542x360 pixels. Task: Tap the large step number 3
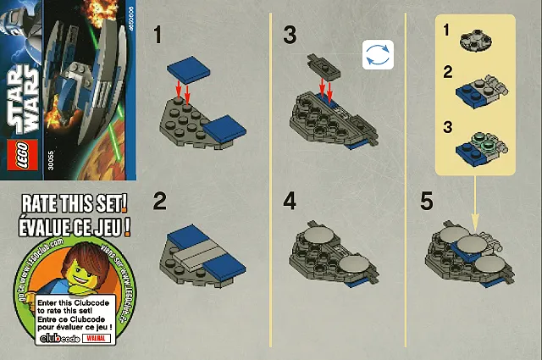(290, 35)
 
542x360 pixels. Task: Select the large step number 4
(290, 202)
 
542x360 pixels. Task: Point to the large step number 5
(429, 202)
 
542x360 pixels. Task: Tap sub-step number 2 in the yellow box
(447, 72)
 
